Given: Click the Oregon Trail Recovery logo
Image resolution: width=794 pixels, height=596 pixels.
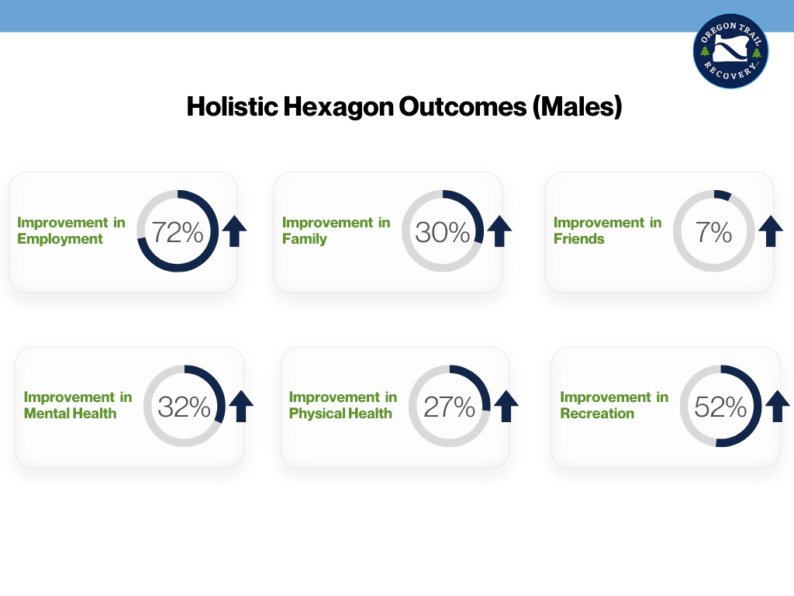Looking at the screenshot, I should [730, 50].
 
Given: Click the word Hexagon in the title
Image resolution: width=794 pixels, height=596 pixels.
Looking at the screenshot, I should [338, 106].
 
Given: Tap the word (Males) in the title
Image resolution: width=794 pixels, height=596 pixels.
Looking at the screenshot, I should [576, 106].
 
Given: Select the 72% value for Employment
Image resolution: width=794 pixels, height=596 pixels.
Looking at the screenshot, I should [178, 232].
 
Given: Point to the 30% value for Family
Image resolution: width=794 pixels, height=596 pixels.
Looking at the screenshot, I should [443, 232].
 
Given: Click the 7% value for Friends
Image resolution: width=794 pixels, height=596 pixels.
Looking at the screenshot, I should [714, 232].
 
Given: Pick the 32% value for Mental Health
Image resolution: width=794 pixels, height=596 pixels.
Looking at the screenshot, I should [185, 407].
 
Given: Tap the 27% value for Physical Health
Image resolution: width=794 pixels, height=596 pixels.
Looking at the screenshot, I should [450, 407].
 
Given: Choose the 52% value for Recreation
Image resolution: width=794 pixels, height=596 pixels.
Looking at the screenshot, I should [721, 407].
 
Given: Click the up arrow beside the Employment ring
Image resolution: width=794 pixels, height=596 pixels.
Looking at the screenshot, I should [235, 231].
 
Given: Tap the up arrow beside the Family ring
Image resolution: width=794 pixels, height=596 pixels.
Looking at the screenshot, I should [500, 231].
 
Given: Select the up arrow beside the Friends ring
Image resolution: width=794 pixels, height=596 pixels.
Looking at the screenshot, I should [771, 231].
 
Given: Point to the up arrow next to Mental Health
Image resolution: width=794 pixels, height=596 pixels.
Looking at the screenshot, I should [241, 406].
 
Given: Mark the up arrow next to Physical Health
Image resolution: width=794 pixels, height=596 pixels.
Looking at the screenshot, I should [506, 406].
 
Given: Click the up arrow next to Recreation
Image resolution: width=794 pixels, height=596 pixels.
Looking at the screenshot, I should [777, 406].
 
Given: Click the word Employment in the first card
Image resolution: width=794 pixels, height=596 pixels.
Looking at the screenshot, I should [60, 239].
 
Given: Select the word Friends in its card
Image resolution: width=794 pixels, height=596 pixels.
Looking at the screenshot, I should [578, 239].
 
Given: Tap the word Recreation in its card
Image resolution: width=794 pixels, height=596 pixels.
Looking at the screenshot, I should [597, 414].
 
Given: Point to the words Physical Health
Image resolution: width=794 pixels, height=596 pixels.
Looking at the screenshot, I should [340, 414].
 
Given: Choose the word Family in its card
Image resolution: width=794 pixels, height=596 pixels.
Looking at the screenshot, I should [305, 239].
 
